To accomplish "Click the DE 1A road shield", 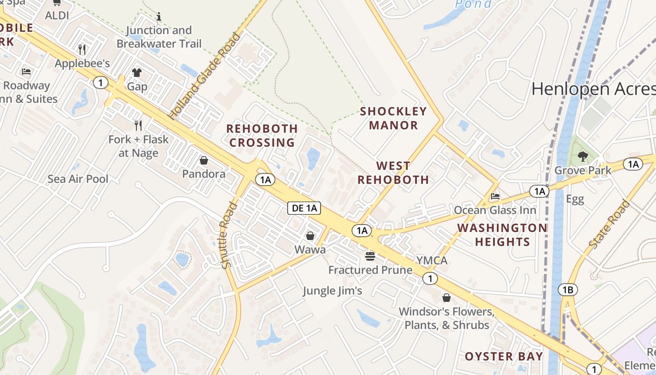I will (x=304, y=209).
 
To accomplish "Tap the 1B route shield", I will (x=567, y=290).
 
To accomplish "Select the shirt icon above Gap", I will (x=136, y=73).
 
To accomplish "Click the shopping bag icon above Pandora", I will (x=204, y=160).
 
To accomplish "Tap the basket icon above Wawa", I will (x=310, y=236).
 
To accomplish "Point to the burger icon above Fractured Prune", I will (x=370, y=256).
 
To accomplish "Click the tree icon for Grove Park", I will (x=582, y=156).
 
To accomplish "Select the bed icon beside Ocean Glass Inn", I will (x=495, y=196).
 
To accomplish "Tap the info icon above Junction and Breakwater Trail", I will (x=159, y=17).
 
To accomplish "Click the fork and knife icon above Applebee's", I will (x=82, y=49).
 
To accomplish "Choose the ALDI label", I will (x=57, y=15).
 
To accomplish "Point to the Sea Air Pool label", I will (x=78, y=179).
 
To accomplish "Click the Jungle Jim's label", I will (x=332, y=291).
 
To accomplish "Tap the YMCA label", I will (x=432, y=261).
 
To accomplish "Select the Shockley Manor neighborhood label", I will (x=393, y=118).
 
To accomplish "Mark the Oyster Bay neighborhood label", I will (x=504, y=356).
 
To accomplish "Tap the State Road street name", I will (x=609, y=225).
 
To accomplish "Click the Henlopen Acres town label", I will (x=593, y=89).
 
